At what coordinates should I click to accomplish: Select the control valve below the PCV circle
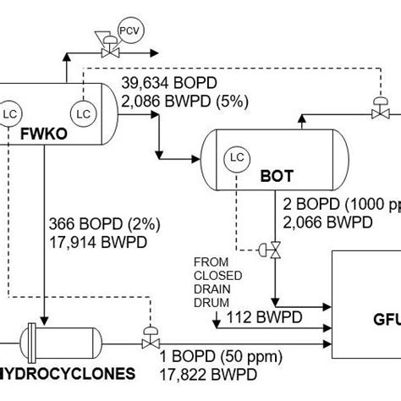pyautogui.click(x=108, y=52)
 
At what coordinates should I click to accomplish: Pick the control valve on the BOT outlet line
pyautogui.click(x=274, y=250)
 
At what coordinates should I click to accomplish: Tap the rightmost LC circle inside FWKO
pyautogui.click(x=84, y=113)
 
